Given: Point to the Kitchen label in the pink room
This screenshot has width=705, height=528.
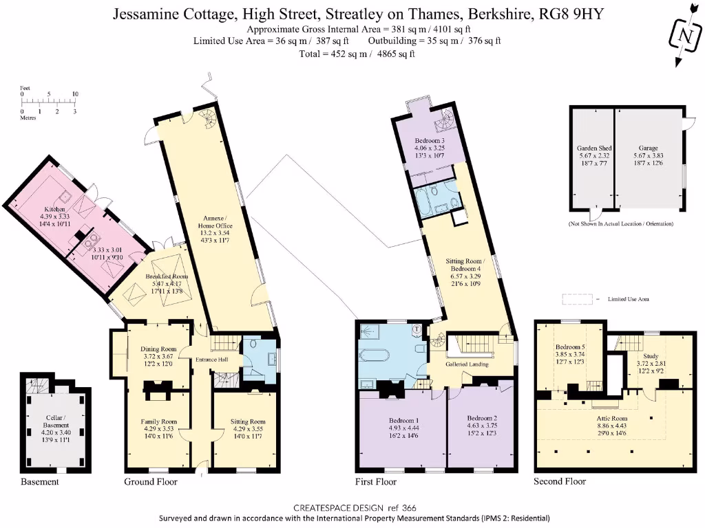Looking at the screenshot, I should pos(54,208).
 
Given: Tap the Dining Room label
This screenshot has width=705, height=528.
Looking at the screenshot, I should pos(158,348).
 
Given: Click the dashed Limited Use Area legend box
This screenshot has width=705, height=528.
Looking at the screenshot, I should pos(577,299).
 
